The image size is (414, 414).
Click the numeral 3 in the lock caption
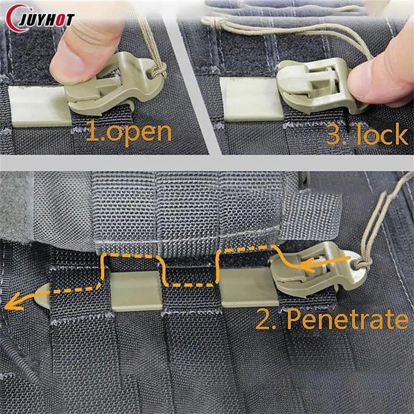(335, 135)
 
